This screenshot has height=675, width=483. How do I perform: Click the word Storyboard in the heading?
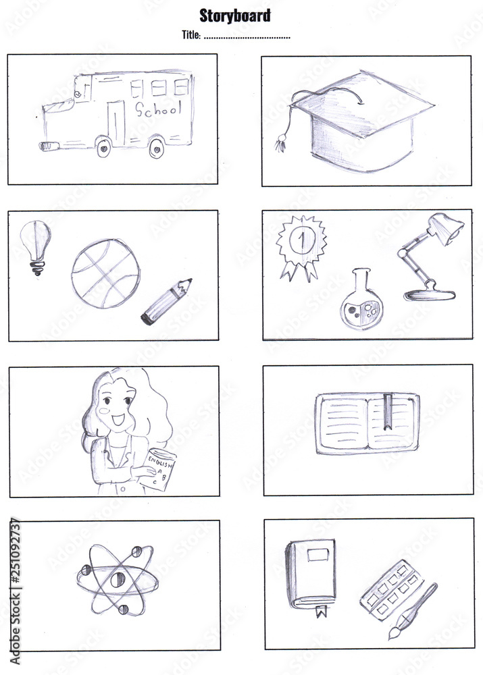click(235, 16)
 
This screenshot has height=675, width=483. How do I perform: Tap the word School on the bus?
click(159, 110)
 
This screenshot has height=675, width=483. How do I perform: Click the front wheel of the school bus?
click(104, 146)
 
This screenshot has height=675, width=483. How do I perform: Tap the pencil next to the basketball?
click(166, 301)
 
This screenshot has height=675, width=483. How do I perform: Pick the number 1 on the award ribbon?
click(301, 240)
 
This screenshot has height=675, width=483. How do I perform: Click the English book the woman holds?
click(160, 471)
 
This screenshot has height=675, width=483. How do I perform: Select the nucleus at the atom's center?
click(113, 578)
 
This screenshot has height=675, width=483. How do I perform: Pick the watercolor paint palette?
click(391, 589)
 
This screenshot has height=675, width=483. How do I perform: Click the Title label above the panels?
click(191, 35)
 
